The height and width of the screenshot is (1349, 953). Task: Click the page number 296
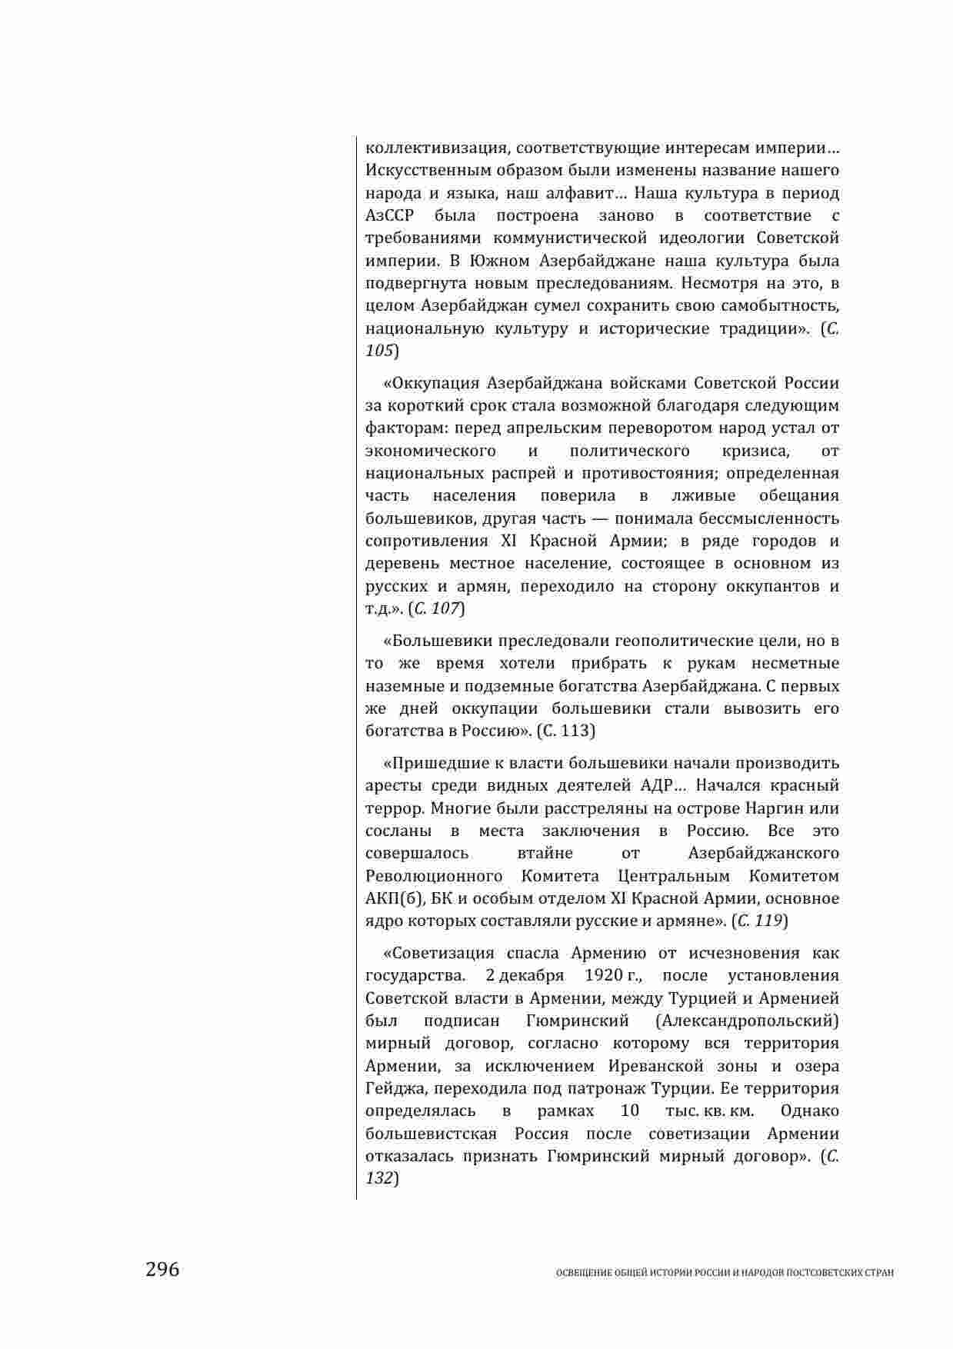(x=162, y=1269)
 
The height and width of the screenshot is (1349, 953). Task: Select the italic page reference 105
(x=380, y=351)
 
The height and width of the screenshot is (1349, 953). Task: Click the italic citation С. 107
(x=436, y=609)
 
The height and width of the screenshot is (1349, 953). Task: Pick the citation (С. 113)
(x=565, y=731)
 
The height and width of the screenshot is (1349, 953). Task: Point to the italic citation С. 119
(x=760, y=921)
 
